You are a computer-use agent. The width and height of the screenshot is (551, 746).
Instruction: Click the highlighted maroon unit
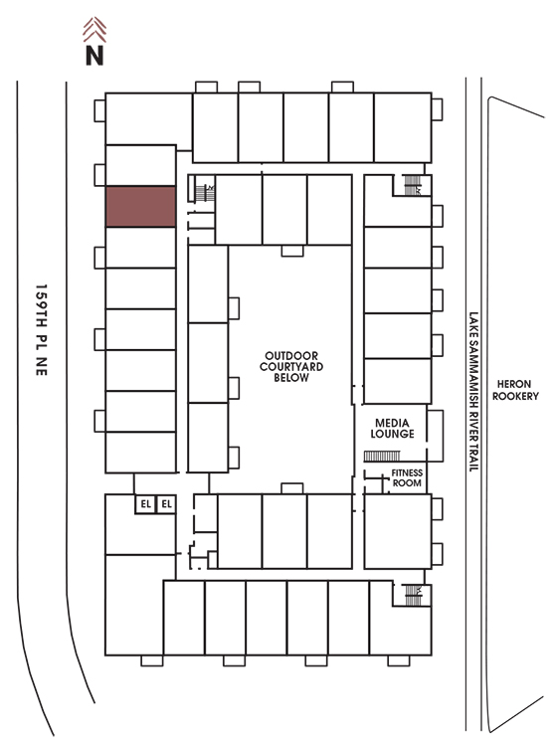(x=140, y=207)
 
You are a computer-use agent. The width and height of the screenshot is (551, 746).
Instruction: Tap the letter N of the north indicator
(x=94, y=55)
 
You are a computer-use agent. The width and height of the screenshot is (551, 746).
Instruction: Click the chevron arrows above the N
(x=94, y=30)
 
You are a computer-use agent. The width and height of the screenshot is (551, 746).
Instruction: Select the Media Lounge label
(x=392, y=428)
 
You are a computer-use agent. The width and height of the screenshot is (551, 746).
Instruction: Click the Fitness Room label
(x=407, y=477)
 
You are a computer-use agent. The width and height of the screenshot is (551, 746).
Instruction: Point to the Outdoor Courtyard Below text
(x=291, y=366)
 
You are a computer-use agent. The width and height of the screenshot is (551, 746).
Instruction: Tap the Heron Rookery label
(x=515, y=390)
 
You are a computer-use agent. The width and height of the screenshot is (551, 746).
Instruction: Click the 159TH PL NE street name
(x=42, y=329)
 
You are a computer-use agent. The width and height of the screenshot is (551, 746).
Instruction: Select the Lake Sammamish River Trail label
(x=473, y=392)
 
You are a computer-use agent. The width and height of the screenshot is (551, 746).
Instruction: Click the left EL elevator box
(x=145, y=504)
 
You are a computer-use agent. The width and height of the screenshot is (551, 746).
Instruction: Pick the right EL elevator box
(x=166, y=504)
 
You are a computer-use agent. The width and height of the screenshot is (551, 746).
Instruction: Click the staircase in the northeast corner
(x=412, y=185)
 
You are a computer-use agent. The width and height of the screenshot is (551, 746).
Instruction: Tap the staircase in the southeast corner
(x=413, y=595)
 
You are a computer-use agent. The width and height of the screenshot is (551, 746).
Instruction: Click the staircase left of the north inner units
(x=205, y=193)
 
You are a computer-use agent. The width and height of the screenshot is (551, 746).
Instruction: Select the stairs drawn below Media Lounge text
(x=382, y=457)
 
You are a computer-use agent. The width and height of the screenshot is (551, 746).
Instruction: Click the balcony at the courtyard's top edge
(x=292, y=251)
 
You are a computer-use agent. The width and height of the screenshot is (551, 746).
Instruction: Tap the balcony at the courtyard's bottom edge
(x=292, y=488)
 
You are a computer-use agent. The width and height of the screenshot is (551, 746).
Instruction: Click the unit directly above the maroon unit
(x=140, y=165)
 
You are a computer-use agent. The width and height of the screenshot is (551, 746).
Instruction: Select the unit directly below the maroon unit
(x=140, y=248)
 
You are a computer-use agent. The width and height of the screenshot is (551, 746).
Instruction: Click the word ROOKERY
(x=515, y=396)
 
